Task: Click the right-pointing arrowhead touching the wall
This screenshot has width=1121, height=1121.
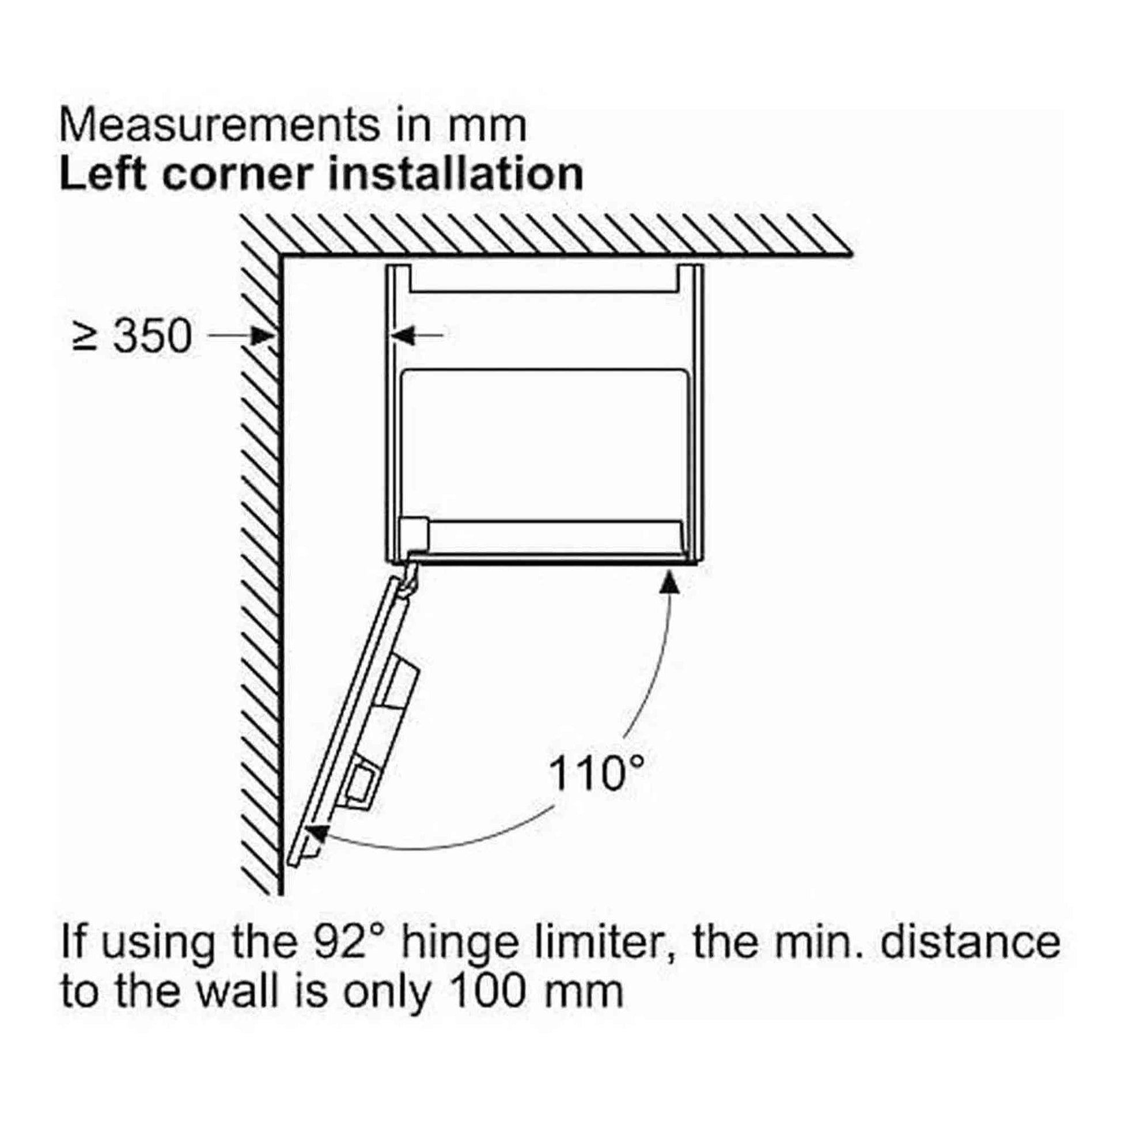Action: [263, 335]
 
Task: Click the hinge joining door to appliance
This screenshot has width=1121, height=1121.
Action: [411, 572]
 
